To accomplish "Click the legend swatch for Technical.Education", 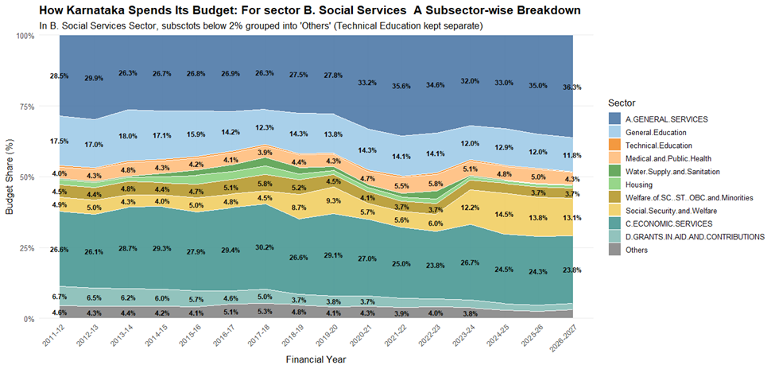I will (x=614, y=146).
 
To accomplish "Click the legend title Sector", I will (x=621, y=103).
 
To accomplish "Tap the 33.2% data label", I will (x=368, y=82).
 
